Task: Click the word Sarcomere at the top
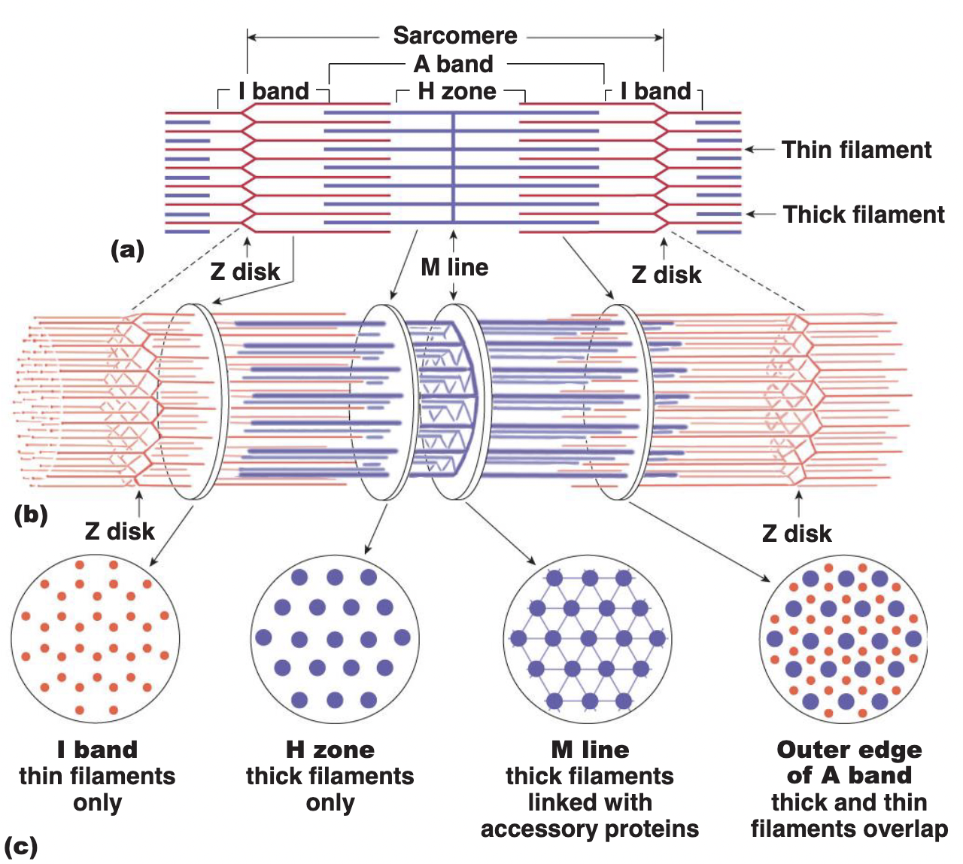pyautogui.click(x=455, y=35)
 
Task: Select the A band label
pyautogui.click(x=454, y=64)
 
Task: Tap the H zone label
pyautogui.click(x=457, y=92)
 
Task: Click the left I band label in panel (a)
pyautogui.click(x=274, y=91)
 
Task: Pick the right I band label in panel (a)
pyautogui.click(x=655, y=91)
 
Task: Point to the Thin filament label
pyautogui.click(x=856, y=150)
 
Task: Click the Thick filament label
pyautogui.click(x=863, y=214)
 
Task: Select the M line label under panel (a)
pyautogui.click(x=454, y=267)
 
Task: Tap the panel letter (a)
pyautogui.click(x=127, y=249)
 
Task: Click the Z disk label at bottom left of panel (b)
pyautogui.click(x=120, y=531)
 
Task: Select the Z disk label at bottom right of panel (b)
pyautogui.click(x=797, y=534)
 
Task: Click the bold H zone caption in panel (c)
pyautogui.click(x=330, y=750)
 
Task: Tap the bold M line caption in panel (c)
pyautogui.click(x=590, y=750)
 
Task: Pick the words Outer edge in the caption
pyautogui.click(x=849, y=750)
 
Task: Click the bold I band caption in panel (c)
pyautogui.click(x=97, y=750)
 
